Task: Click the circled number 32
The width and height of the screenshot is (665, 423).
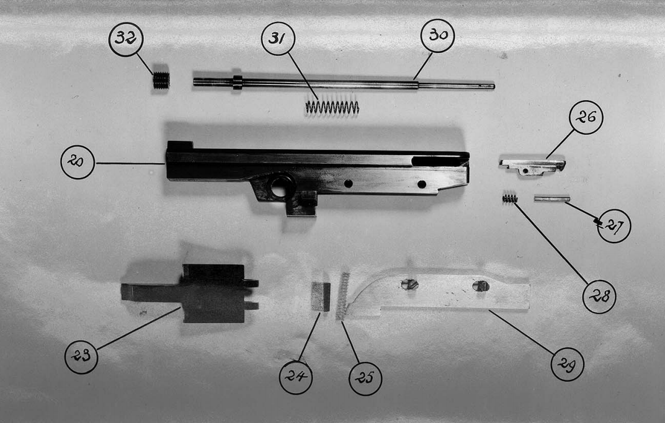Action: pyautogui.click(x=126, y=40)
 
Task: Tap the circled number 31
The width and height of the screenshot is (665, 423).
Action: pyautogui.click(x=278, y=38)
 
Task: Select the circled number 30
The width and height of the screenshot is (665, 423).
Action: pyautogui.click(x=438, y=35)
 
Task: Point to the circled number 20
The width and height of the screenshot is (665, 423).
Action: pyautogui.click(x=78, y=162)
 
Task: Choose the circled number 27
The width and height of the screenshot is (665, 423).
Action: pyautogui.click(x=614, y=226)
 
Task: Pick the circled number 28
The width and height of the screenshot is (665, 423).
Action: pyautogui.click(x=599, y=296)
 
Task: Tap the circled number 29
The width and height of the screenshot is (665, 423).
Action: pyautogui.click(x=568, y=364)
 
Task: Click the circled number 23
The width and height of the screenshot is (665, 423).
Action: pyautogui.click(x=81, y=357)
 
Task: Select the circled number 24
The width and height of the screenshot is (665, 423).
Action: pyautogui.click(x=296, y=377)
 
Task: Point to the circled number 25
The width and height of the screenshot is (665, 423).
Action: pyautogui.click(x=365, y=378)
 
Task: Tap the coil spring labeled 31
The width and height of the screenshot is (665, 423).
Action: pyautogui.click(x=332, y=107)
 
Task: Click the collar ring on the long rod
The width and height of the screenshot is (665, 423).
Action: pyautogui.click(x=238, y=82)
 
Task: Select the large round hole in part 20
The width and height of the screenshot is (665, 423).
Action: pyautogui.click(x=280, y=187)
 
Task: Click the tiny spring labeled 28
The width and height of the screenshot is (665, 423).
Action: pyautogui.click(x=510, y=198)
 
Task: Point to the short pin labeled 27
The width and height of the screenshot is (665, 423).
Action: pyautogui.click(x=551, y=198)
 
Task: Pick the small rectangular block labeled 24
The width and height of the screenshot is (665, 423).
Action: pyautogui.click(x=321, y=296)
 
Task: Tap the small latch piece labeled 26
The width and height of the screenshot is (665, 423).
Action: pyautogui.click(x=533, y=167)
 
